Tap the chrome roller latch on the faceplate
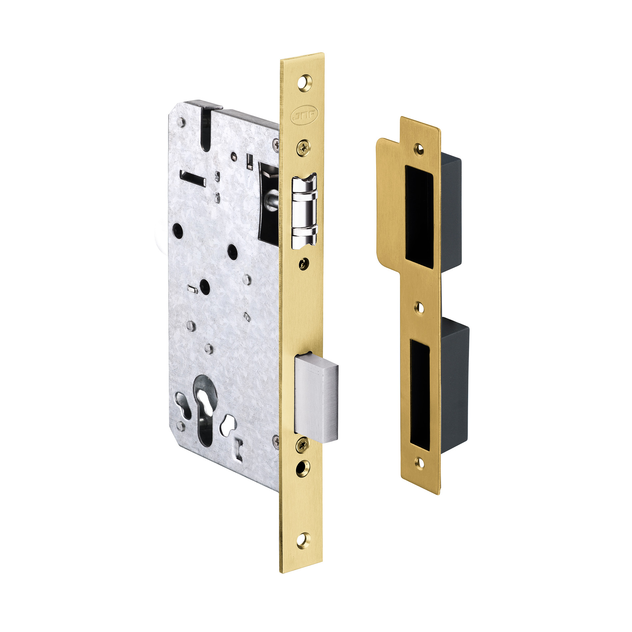click(304, 210)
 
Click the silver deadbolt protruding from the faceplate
click(316, 397)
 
